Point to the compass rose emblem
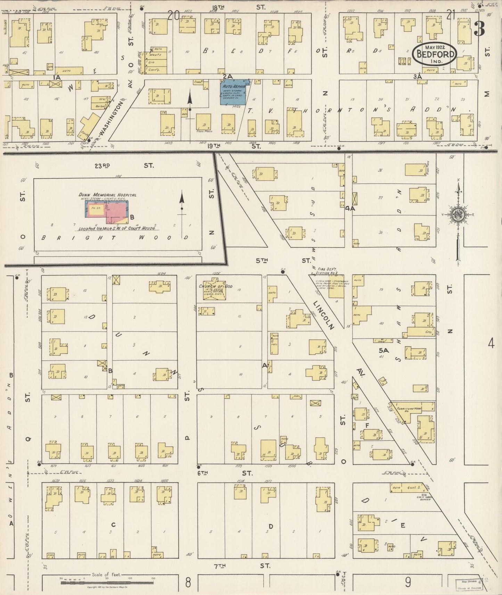tap(459, 215)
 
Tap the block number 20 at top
tap(173, 15)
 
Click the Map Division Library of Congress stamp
tap(469, 585)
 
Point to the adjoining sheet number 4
tap(490, 344)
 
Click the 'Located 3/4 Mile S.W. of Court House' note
tap(117, 228)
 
